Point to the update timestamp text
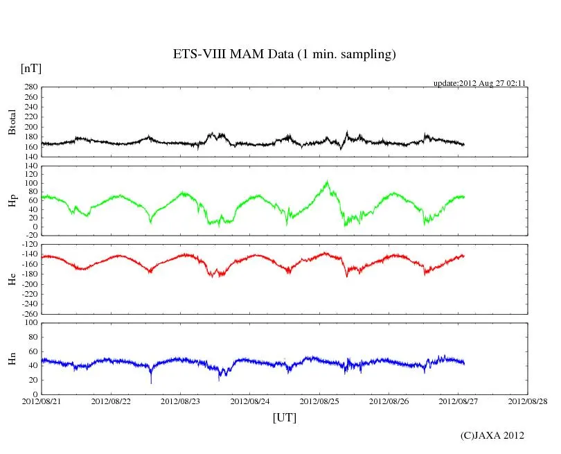tap(480, 83)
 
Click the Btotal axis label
tap(12, 122)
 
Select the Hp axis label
tap(12, 201)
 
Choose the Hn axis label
tap(12, 358)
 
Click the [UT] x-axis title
tap(285, 418)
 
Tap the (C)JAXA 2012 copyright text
tap(492, 435)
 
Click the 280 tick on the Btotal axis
tap(29, 87)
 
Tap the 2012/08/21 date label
tap(42, 401)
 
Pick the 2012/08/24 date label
tap(250, 401)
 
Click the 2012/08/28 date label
tap(528, 401)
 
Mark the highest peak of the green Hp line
tap(326, 182)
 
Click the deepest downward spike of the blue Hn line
tap(151, 382)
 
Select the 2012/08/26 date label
tap(389, 401)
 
